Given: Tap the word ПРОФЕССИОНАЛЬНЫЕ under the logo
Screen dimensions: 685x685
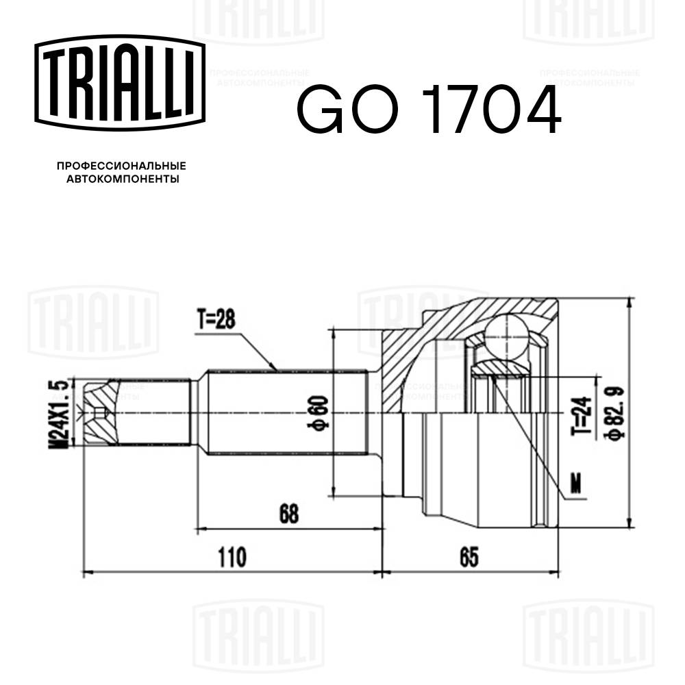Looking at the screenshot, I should point(121,166).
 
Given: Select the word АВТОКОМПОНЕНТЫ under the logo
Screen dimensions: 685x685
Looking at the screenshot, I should point(121,179).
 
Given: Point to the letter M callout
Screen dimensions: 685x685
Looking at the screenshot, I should point(577,483).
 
